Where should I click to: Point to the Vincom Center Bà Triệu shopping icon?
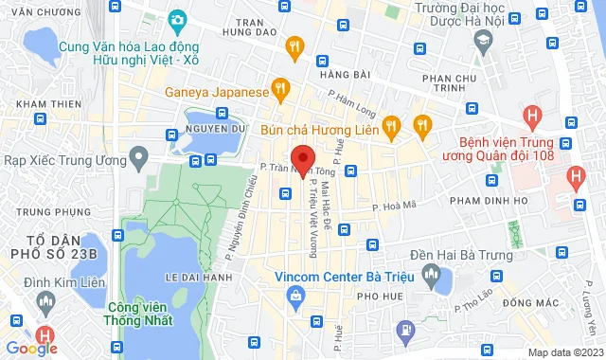(296, 296)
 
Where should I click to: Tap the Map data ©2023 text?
(563, 352)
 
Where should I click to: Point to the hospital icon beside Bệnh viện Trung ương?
(533, 117)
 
